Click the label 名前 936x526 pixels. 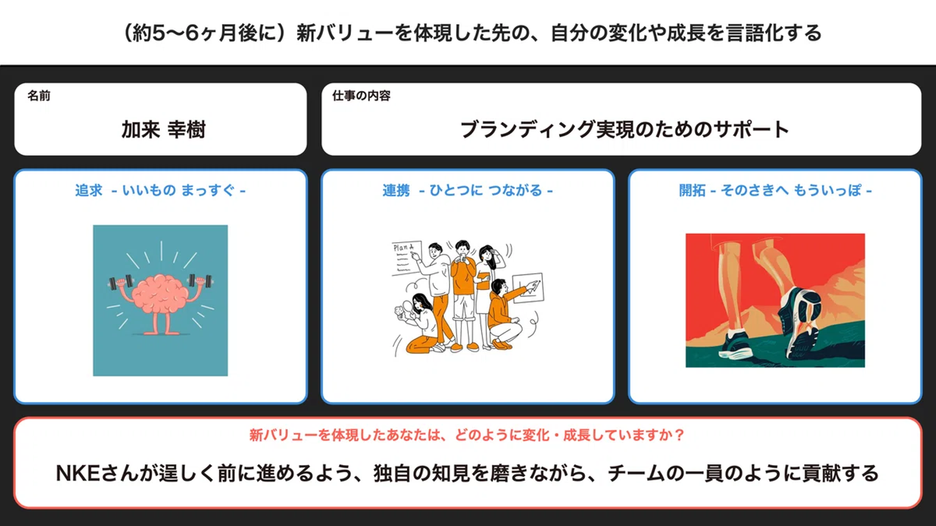(39, 95)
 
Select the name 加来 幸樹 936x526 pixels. (163, 129)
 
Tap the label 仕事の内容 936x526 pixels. (361, 95)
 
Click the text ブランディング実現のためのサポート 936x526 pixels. (624, 129)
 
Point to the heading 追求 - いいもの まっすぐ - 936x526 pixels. (161, 190)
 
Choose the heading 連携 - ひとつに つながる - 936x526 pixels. (467, 190)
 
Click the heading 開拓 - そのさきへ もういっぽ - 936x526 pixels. (775, 190)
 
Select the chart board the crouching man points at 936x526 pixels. (528, 287)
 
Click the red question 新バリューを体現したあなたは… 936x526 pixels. (467, 435)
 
